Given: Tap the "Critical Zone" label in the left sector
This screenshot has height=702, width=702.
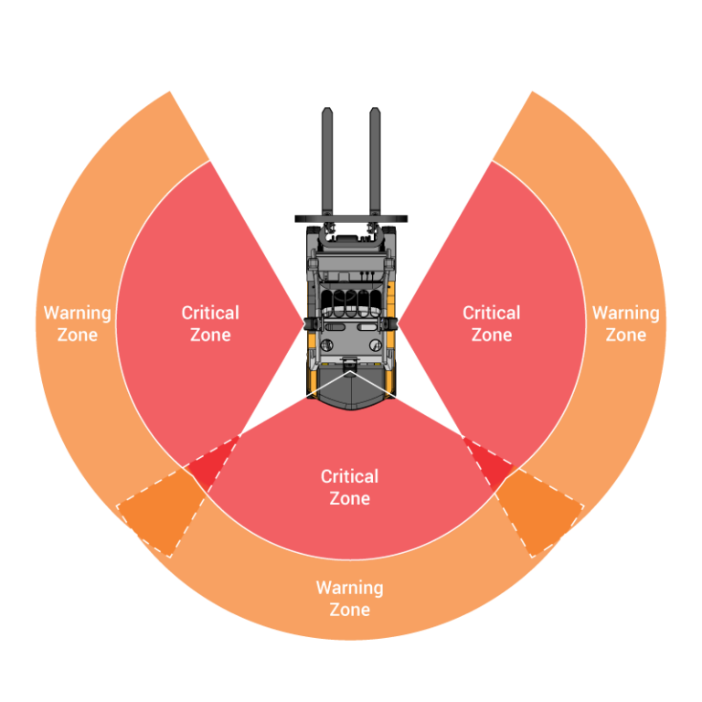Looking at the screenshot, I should (x=210, y=324).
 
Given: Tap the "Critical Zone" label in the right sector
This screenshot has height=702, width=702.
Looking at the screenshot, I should (x=492, y=324).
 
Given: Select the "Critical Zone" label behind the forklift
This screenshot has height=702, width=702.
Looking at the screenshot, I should (x=350, y=487).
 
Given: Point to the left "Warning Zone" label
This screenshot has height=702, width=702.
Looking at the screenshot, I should (x=78, y=324).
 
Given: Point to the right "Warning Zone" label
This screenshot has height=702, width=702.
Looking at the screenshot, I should (x=625, y=324).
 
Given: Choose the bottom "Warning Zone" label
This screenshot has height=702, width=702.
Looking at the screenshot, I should (x=350, y=598).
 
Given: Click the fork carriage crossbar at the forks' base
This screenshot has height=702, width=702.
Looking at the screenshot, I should (x=350, y=220).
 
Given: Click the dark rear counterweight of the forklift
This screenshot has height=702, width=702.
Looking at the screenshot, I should (x=350, y=391).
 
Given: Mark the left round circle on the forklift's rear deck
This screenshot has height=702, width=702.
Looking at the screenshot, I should (x=324, y=344).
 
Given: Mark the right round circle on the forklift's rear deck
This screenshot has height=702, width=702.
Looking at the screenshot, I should (x=376, y=344).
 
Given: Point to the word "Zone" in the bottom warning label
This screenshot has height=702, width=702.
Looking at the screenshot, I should (x=350, y=610).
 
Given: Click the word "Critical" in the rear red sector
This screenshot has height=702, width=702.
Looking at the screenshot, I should (x=350, y=476).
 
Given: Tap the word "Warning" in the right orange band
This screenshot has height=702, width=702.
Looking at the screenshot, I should (x=625, y=313).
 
